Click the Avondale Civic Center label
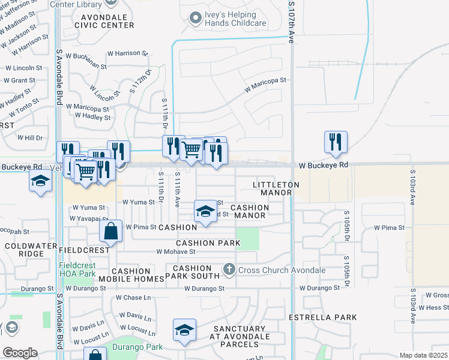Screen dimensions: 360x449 coord(104,21)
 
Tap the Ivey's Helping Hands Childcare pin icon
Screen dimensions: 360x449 coord(194,19)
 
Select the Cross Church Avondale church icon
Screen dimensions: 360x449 coord(229,270)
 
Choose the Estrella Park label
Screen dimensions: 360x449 coord(323,317)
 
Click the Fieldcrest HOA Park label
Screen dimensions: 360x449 coord(77,269)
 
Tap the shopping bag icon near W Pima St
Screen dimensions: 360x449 coord(112,231)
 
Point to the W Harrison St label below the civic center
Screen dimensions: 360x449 coord(127,53)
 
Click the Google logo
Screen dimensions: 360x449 coord(20,352)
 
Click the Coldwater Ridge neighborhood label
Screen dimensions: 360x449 coord(25,250)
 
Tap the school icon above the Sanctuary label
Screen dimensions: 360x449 coord(185,331)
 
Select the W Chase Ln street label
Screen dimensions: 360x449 coord(133,298)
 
